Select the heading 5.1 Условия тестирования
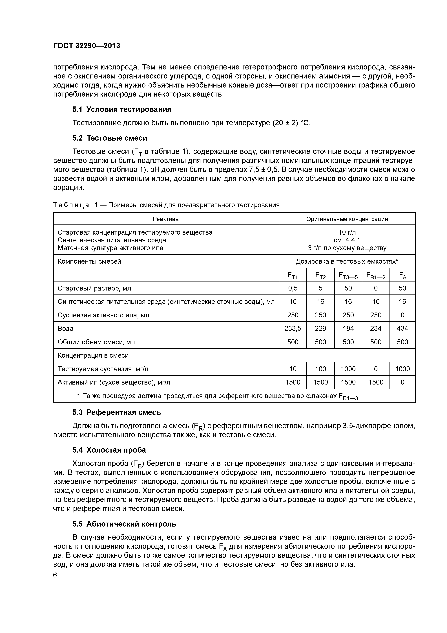click(x=122, y=110)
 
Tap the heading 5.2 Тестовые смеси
click(x=110, y=138)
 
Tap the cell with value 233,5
click(x=293, y=328)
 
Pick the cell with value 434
click(x=402, y=328)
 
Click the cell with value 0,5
click(x=293, y=288)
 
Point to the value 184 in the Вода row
click(x=348, y=328)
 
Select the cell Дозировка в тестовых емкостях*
click(x=347, y=261)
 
